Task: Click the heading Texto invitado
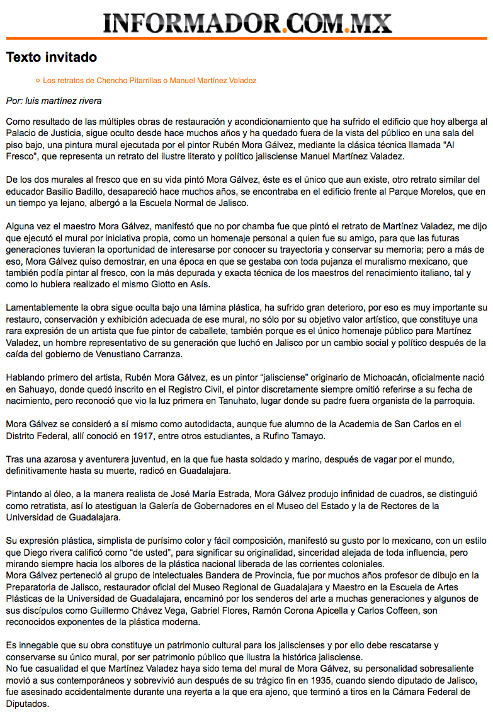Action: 52,57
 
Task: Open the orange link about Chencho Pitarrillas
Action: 149,81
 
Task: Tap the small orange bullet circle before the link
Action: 38,81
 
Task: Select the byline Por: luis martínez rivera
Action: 54,101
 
